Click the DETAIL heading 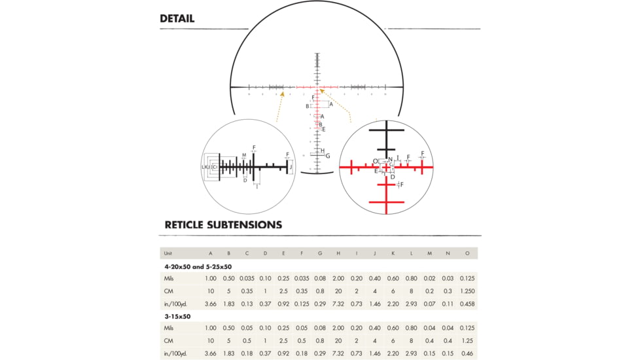(x=177, y=18)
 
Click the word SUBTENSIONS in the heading (x=244, y=225)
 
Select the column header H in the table (x=338, y=253)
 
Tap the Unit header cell (x=168, y=253)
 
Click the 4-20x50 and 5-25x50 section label (x=198, y=266)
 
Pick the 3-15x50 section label (x=177, y=316)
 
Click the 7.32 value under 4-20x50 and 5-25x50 (x=338, y=304)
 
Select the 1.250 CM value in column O (x=467, y=291)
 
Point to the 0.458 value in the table (x=467, y=304)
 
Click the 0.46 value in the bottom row (x=467, y=353)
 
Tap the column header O (x=467, y=253)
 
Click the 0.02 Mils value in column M (x=430, y=278)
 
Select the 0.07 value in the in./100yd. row (x=430, y=304)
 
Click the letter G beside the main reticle (x=328, y=156)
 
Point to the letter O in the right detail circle (x=376, y=161)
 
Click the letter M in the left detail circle (x=244, y=156)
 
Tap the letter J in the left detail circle (x=291, y=168)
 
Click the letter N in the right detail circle (x=391, y=159)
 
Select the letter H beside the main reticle (x=323, y=151)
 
